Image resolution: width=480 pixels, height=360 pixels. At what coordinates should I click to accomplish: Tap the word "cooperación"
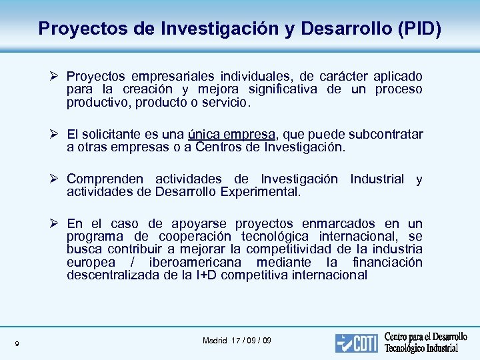point(195,237)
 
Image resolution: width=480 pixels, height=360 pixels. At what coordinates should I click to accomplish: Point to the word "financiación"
point(387,262)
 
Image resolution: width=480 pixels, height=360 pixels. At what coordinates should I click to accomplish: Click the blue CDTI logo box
point(357,343)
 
